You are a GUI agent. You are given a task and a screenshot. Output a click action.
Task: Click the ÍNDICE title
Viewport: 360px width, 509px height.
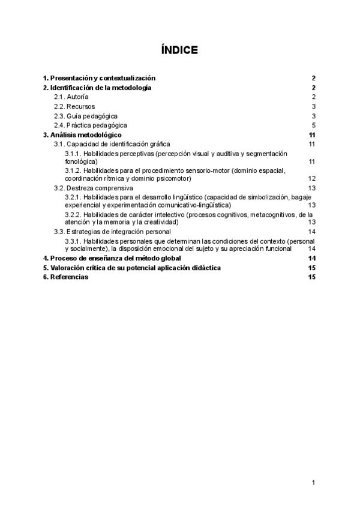click(179, 50)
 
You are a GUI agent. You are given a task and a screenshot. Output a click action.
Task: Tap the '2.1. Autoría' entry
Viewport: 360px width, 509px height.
click(71, 97)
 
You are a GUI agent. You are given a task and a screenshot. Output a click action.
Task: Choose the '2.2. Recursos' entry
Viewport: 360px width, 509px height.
click(74, 106)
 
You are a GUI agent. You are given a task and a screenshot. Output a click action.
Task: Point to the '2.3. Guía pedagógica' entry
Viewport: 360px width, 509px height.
click(86, 116)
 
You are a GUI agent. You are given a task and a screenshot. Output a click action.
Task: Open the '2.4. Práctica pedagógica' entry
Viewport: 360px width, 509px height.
click(91, 125)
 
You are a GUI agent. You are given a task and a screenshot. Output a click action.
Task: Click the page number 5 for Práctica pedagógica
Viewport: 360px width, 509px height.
click(313, 125)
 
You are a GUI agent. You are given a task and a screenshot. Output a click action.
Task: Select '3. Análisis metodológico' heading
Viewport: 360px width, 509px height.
click(82, 135)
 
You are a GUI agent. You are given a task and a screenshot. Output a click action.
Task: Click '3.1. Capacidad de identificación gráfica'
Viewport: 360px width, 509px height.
click(112, 144)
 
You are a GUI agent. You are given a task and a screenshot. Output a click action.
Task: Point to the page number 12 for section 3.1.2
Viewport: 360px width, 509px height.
click(311, 179)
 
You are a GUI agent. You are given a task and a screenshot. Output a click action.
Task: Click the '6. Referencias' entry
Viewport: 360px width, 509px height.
click(65, 277)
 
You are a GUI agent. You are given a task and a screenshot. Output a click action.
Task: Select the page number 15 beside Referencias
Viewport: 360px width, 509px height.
click(311, 277)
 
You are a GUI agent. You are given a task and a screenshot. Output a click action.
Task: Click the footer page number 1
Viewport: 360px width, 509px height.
click(313, 483)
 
